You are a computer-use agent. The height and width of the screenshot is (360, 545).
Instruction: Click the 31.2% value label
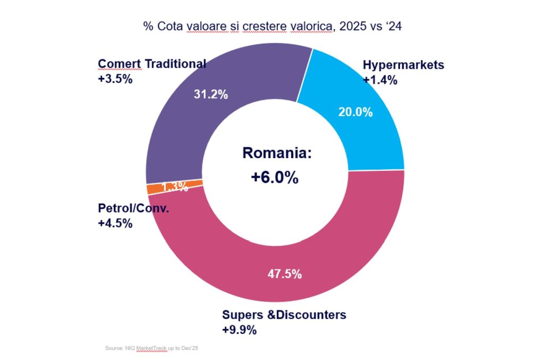(x=210, y=95)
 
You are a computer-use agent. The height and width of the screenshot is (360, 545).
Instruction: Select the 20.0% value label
(x=356, y=112)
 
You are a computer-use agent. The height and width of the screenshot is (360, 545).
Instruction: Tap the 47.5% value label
(x=284, y=274)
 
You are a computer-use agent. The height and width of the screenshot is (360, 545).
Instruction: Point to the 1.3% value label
(x=174, y=186)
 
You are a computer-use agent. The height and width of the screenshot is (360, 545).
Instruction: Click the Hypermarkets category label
(x=403, y=66)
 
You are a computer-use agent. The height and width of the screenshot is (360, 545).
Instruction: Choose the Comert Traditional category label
(x=152, y=64)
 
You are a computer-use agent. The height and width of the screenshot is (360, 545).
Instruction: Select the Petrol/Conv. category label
(x=133, y=208)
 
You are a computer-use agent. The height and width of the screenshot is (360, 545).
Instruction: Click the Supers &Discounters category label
(x=284, y=315)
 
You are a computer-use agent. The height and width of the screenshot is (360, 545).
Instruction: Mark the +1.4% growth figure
(x=380, y=80)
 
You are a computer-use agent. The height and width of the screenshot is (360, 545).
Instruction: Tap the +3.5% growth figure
(x=115, y=79)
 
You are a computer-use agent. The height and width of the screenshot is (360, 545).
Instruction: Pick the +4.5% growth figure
(x=115, y=223)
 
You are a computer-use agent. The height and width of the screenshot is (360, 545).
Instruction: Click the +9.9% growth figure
(x=239, y=330)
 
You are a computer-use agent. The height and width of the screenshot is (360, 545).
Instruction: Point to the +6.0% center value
(x=274, y=177)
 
